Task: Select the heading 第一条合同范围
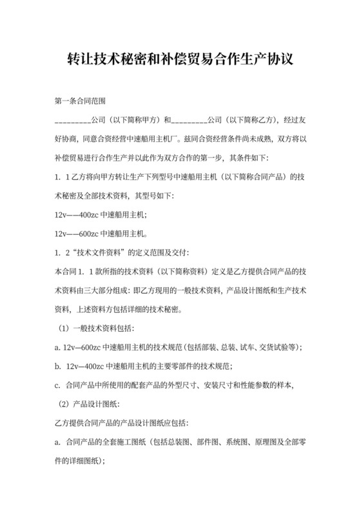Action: click(x=79, y=101)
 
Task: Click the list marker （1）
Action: click(x=64, y=328)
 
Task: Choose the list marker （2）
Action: click(x=64, y=404)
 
